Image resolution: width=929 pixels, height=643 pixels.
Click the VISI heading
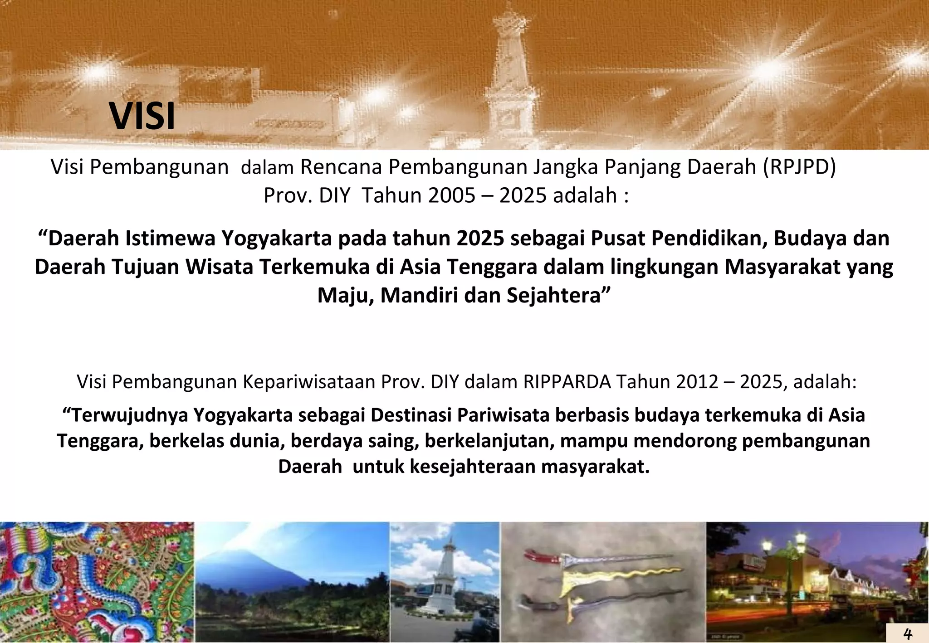coord(142,117)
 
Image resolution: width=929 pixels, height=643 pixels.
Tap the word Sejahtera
coord(559,296)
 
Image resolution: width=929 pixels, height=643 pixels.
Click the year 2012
coord(697,382)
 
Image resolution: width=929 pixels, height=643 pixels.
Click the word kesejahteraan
coord(473,467)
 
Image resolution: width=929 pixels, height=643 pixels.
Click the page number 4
coord(907,633)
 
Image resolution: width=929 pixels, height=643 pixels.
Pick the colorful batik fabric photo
coord(97,582)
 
